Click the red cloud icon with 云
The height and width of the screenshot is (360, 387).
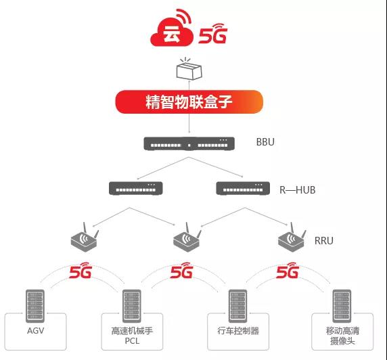172,31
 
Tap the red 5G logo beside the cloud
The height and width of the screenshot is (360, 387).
212,34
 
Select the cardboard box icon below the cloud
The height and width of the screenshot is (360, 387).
189,69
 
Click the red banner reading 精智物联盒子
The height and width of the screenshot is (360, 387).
189,102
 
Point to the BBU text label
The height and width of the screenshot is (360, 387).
265,142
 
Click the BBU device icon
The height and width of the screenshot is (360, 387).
189,143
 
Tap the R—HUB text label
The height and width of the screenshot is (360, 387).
298,190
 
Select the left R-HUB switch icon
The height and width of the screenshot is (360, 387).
136,188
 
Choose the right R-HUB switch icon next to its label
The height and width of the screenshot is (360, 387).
243,188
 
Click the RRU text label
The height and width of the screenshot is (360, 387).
324,240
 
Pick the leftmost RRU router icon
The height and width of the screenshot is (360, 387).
85,238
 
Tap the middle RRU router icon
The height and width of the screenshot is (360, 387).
187,238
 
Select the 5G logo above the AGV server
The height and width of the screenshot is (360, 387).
81,271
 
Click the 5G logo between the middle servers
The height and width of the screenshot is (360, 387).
181,271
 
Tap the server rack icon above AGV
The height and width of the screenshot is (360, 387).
35,306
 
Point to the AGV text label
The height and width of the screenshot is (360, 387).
36,330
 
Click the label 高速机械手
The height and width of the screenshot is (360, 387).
132,331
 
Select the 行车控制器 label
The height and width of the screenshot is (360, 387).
238,331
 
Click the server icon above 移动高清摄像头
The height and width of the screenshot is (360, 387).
342,306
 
